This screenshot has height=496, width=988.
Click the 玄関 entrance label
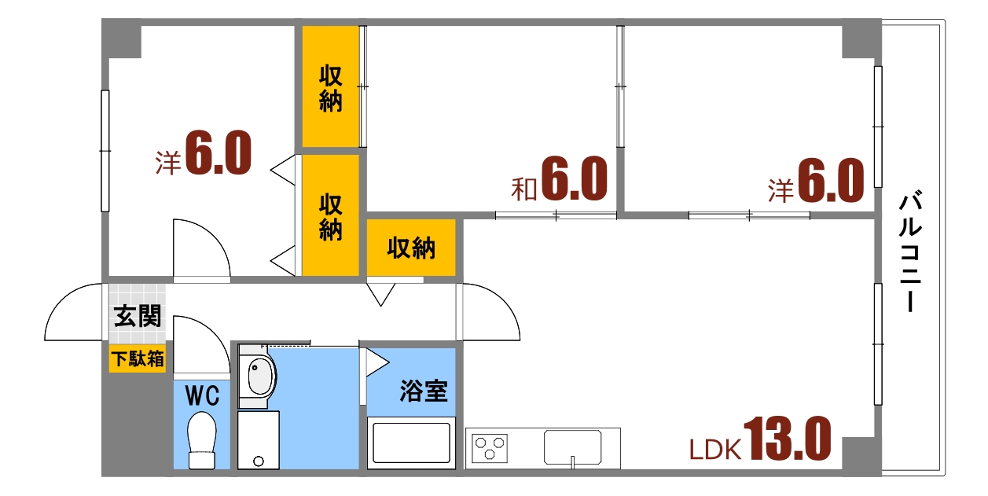[138, 317]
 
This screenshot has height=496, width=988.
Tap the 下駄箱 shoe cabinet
[138, 359]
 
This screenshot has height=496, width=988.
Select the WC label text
[201, 395]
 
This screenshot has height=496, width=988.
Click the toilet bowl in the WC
[202, 437]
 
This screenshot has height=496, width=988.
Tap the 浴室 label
[423, 391]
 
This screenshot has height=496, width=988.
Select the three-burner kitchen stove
[490, 448]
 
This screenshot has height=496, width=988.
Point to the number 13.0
[786, 439]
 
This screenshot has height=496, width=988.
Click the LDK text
[715, 450]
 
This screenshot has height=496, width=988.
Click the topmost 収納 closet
[331, 88]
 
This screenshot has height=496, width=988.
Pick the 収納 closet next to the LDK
[411, 248]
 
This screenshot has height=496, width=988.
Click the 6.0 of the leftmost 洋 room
[219, 154]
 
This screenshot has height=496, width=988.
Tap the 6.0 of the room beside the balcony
[831, 182]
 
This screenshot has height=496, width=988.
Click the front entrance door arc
[75, 312]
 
